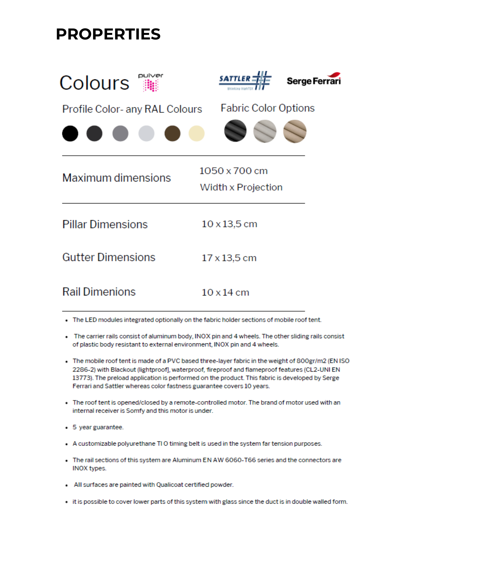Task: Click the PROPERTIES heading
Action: tap(108, 34)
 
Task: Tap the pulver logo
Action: tap(150, 82)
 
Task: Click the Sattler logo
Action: tap(245, 80)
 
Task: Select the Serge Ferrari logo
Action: tap(314, 80)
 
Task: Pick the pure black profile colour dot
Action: tap(70, 133)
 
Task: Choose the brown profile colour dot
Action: tap(172, 133)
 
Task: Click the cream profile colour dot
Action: tap(196, 133)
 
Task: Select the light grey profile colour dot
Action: tap(146, 133)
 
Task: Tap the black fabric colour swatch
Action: tap(235, 131)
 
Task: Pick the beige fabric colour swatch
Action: tap(295, 131)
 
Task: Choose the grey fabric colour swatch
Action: tap(265, 131)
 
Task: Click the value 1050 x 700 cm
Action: tap(233, 171)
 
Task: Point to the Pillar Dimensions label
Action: tap(105, 224)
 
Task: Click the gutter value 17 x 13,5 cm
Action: tap(229, 258)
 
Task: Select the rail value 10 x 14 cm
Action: tap(225, 293)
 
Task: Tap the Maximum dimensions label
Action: tap(116, 178)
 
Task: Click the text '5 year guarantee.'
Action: tap(98, 427)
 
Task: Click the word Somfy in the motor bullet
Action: tap(135, 411)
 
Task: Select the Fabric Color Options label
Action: tap(268, 108)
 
